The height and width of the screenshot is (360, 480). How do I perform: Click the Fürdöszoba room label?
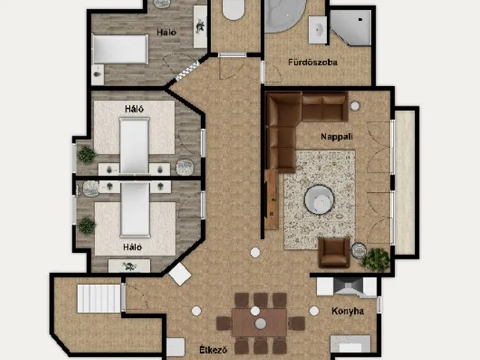point(313,62)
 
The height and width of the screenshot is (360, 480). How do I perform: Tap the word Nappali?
point(337,136)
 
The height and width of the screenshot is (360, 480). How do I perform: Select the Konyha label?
point(348,311)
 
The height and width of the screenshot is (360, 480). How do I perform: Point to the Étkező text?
point(213,349)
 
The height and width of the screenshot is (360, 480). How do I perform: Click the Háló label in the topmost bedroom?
point(166,32)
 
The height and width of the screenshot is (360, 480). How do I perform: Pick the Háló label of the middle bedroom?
point(134,109)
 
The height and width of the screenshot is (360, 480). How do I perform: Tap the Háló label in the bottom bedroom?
point(133,247)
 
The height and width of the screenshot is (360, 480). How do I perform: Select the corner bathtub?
point(284,15)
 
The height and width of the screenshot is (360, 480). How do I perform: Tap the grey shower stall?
point(352,27)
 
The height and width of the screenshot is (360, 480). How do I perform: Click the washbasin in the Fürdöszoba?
point(318,30)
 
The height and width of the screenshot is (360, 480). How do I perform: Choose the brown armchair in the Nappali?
point(334,253)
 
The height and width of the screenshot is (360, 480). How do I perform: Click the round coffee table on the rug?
point(319,199)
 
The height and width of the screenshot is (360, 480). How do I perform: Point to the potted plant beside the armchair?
point(376,259)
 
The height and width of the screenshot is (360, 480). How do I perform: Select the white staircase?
point(99,298)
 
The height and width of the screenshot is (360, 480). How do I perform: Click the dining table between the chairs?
point(259,322)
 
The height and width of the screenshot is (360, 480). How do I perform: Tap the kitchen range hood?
point(347,286)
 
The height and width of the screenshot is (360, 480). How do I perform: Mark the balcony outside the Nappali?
point(405,182)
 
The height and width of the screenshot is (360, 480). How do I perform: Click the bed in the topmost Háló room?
point(120,49)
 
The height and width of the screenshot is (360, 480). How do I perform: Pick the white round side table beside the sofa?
point(355,106)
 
